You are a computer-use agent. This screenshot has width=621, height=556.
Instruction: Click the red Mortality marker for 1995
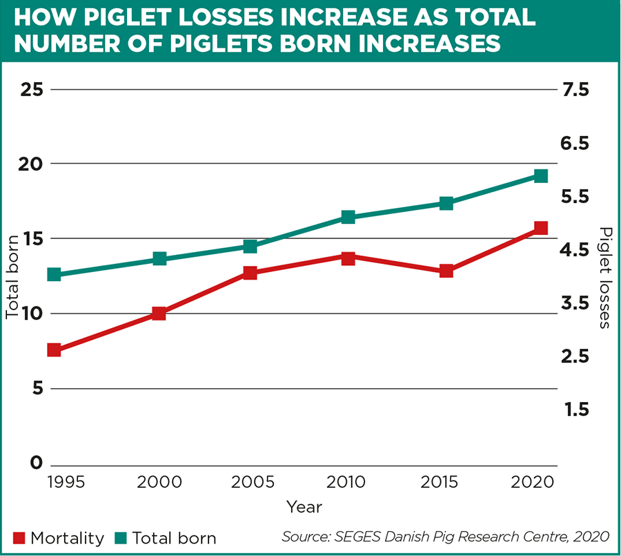(x=54, y=350)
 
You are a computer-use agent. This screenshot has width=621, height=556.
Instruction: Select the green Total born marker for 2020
(x=541, y=176)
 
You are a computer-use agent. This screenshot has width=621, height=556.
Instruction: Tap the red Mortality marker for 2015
(x=446, y=271)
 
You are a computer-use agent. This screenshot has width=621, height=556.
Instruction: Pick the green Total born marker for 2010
(x=348, y=218)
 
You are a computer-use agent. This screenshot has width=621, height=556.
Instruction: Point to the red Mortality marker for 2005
(x=250, y=273)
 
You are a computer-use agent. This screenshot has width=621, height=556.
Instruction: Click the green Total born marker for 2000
(x=159, y=259)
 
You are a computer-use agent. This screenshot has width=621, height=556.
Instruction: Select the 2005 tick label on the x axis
(x=251, y=482)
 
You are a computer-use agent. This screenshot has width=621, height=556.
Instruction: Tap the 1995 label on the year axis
(x=66, y=482)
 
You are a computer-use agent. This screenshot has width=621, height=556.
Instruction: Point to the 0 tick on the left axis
(x=37, y=463)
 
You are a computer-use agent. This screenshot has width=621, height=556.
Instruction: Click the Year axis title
(x=304, y=507)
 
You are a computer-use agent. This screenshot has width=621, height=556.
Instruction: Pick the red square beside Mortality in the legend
(x=19, y=538)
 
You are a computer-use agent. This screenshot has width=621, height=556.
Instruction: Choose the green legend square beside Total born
(x=120, y=538)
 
